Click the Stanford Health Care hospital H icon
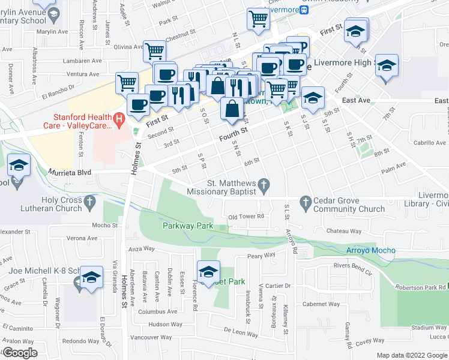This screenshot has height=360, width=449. (119, 120)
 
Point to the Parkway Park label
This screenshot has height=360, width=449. (187, 226)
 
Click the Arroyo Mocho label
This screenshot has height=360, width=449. (370, 250)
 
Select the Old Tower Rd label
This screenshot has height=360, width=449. (246, 217)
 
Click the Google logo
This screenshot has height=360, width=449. (20, 353)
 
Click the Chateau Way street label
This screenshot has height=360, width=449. (343, 231)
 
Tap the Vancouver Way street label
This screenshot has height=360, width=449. (151, 337)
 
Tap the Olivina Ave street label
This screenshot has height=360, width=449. (130, 46)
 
